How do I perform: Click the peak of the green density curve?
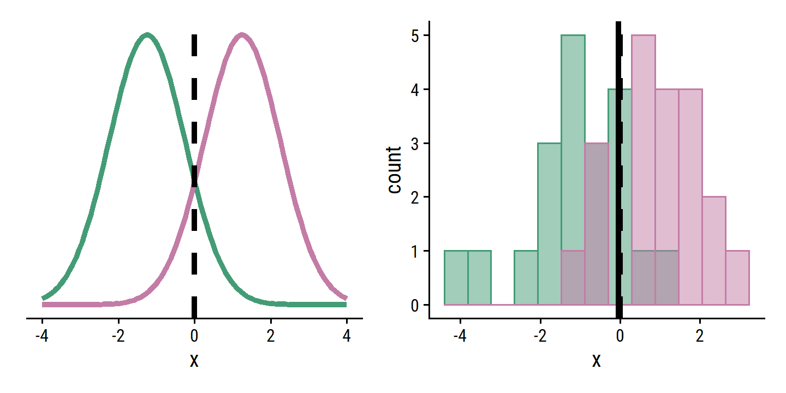[147, 36]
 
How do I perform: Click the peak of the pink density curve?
[242, 36]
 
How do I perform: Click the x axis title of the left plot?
[194, 360]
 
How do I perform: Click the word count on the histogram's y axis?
[394, 170]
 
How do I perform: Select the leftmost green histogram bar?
[456, 278]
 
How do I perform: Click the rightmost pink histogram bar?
[737, 278]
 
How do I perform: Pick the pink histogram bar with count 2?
[714, 251]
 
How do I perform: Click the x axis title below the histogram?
[597, 360]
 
